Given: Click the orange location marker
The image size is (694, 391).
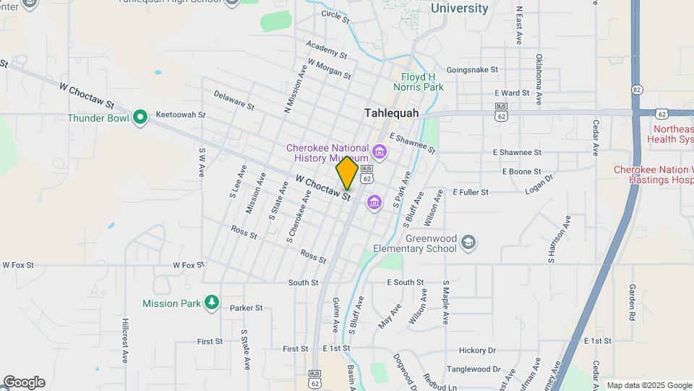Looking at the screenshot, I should pos(347,173).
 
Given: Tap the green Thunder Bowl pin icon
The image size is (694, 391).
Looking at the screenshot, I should pos(140,117).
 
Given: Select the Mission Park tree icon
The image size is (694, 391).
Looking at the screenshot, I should pos(211,302).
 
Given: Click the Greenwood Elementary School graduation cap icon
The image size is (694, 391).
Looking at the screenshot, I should pos(468,241).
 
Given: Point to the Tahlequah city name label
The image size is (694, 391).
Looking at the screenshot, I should pos(392,113).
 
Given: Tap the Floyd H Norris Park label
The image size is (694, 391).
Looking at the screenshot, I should pos(422,81).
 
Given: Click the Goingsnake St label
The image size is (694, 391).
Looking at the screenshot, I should pos(473,70).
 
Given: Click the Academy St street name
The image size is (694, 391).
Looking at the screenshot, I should pos(327,49).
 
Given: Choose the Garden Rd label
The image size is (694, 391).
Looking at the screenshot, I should pos(631,303).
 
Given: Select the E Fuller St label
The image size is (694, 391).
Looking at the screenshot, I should pos(471,192).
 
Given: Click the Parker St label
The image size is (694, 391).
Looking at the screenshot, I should pos(247,308).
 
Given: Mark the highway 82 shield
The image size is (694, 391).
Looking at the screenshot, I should pos(636,89).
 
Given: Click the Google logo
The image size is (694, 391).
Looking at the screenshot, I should pos(23,382).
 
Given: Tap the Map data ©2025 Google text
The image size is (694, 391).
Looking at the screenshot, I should pos(649,385).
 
